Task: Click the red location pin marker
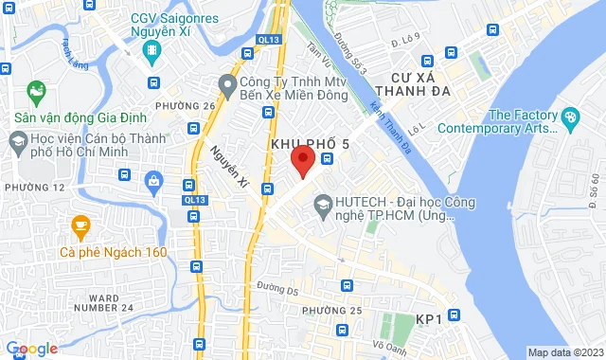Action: pyautogui.click(x=302, y=160)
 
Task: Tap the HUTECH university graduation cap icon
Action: pyautogui.click(x=323, y=204)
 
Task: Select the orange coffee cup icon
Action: pyautogui.click(x=80, y=226)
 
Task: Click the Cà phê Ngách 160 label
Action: pyautogui.click(x=113, y=252)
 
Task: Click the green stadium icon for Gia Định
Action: pyautogui.click(x=37, y=93)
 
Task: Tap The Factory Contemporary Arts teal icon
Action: pyautogui.click(x=569, y=118)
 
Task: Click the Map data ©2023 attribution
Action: pyautogui.click(x=563, y=352)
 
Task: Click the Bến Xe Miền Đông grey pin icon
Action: pyautogui.click(x=226, y=85)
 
